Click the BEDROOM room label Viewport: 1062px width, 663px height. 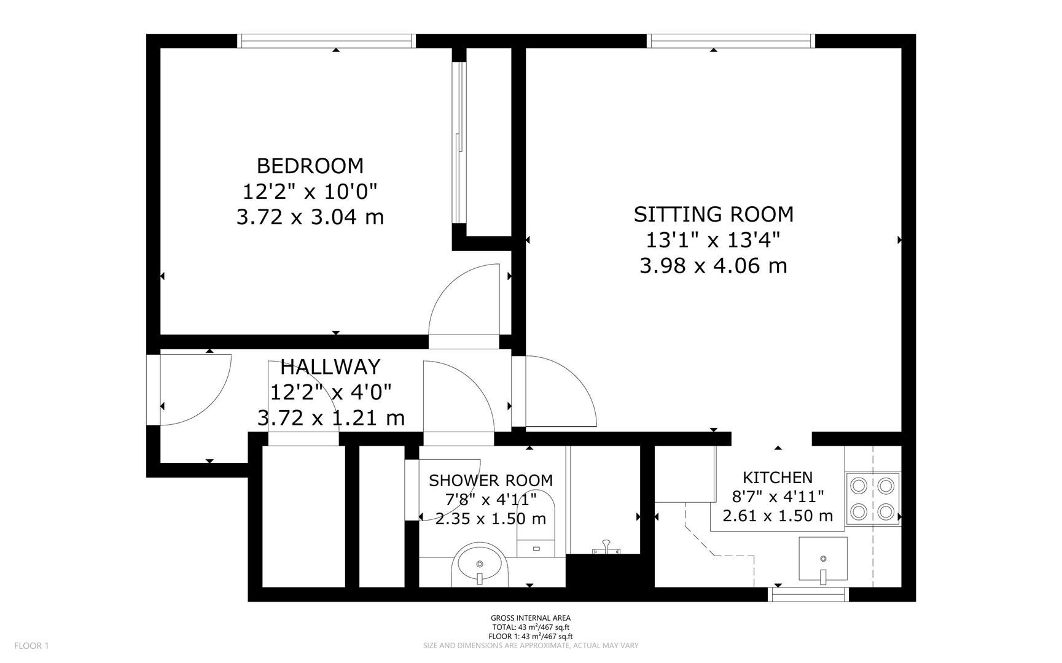tap(310, 166)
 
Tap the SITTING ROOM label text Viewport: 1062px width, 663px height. tap(713, 214)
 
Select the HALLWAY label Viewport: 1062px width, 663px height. tap(330, 366)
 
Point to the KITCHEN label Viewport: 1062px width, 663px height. tap(777, 477)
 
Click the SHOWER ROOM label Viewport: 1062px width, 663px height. tap(490, 480)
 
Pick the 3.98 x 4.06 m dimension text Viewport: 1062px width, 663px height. tap(713, 266)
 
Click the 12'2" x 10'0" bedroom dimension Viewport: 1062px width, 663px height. tap(310, 192)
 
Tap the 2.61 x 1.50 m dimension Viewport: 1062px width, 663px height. tap(777, 516)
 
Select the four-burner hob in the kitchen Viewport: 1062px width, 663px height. tap(872, 498)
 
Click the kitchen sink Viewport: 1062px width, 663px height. tap(822, 559)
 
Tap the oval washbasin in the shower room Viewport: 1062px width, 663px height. tap(480, 564)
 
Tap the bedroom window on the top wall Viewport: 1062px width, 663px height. tap(326, 41)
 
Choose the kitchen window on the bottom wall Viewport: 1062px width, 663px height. tap(809, 594)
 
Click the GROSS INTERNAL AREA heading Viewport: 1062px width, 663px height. tap(530, 618)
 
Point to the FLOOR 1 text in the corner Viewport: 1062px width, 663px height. tap(31, 645)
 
